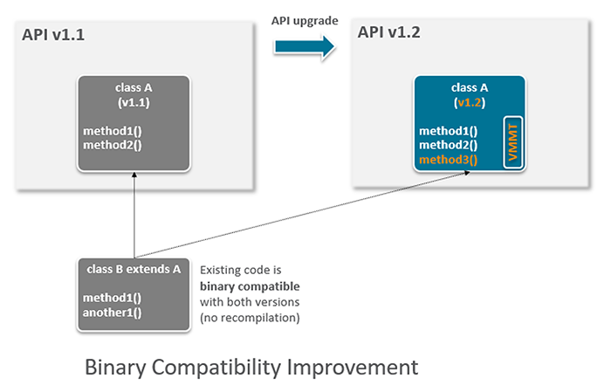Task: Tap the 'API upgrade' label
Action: tap(304, 20)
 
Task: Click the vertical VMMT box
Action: tap(512, 140)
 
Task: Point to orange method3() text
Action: tap(449, 159)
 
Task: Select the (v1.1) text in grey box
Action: tap(134, 101)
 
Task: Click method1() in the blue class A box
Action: tap(449, 131)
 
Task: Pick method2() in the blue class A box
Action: tap(449, 145)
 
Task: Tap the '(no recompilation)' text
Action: tap(250, 317)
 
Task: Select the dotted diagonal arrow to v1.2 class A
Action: tap(305, 214)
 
